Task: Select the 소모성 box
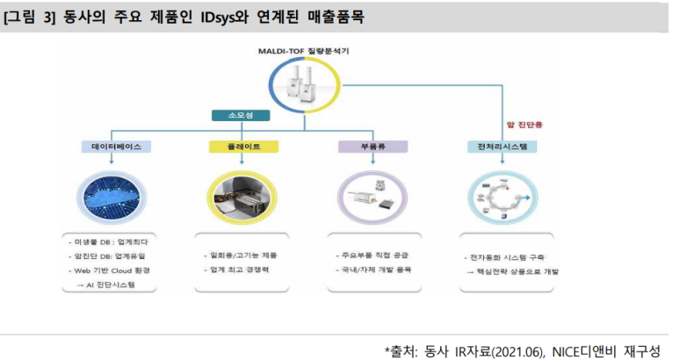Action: click(239, 114)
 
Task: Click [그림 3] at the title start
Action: click(30, 17)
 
